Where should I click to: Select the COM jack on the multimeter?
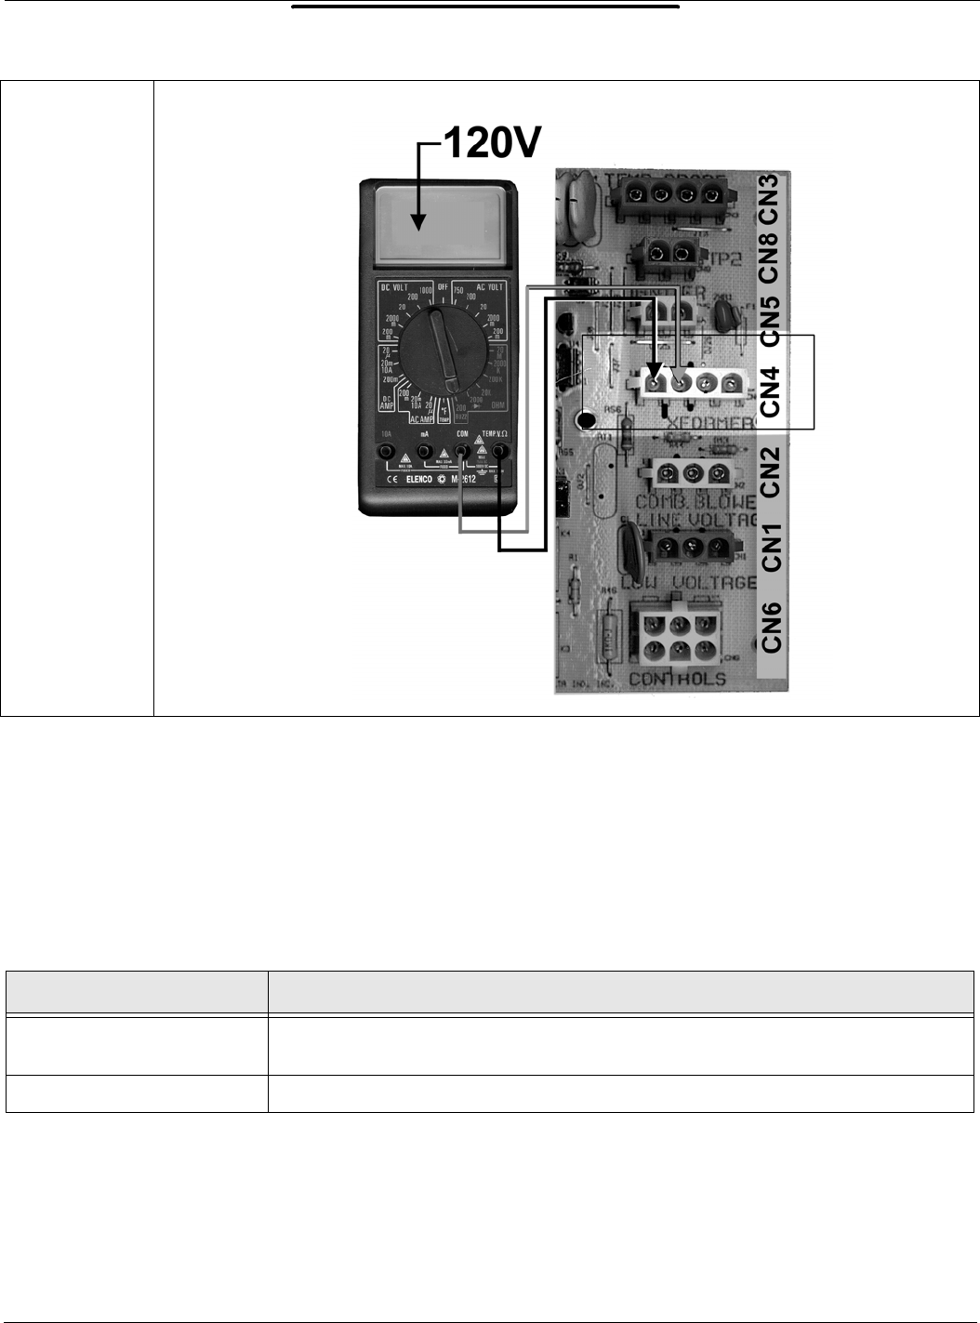[x=461, y=452]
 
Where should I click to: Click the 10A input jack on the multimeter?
[x=385, y=452]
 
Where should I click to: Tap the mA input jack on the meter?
[x=424, y=452]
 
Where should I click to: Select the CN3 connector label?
[x=770, y=198]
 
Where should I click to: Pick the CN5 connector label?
[x=770, y=311]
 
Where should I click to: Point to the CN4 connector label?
[x=770, y=390]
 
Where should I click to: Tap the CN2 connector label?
[x=770, y=471]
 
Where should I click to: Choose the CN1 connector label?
[x=770, y=548]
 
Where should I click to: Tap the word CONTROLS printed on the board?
[x=677, y=679]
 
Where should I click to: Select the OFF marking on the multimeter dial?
[x=444, y=287]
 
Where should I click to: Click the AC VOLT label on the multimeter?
[x=489, y=286]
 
